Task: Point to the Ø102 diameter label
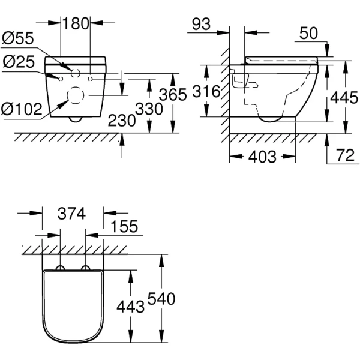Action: pos(22,109)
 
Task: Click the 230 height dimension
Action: pos(122,120)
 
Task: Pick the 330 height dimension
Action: pos(148,109)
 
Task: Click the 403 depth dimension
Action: pos(262,157)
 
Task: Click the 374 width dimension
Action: pos(74,213)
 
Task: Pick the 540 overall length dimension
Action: pos(161,298)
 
